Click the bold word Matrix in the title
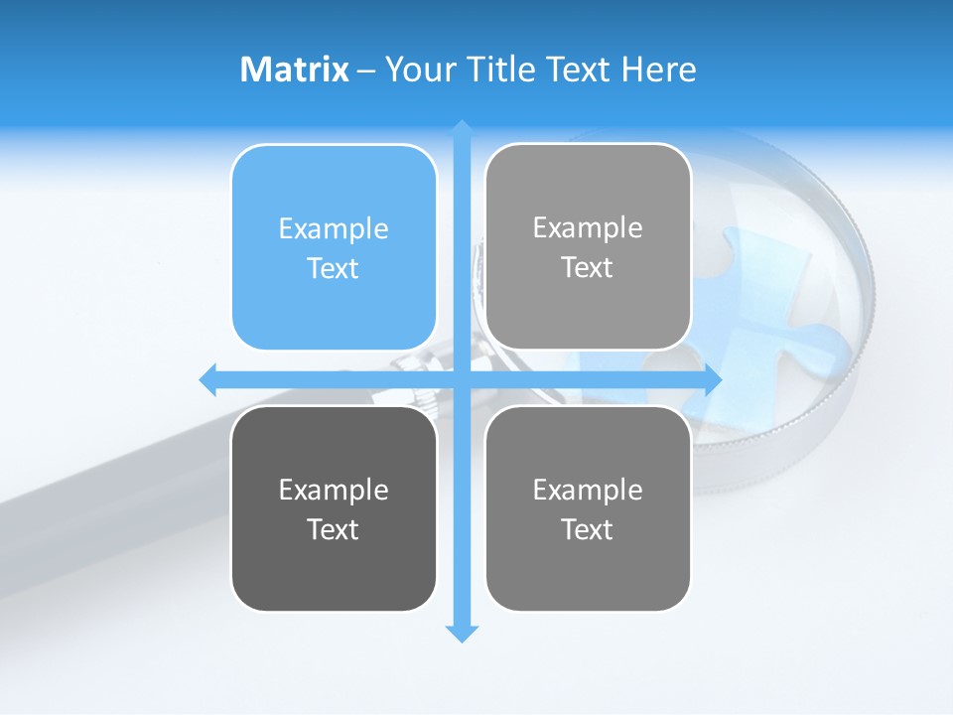click(x=295, y=70)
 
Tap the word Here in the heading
click(x=657, y=70)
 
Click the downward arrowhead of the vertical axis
click(x=462, y=634)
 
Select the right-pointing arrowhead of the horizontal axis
click(x=712, y=378)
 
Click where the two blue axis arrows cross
click(x=462, y=378)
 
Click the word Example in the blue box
click(x=334, y=229)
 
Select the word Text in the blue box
click(x=334, y=269)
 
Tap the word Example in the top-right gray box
click(x=588, y=228)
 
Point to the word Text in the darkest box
click(x=334, y=530)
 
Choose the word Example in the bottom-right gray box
click(x=588, y=490)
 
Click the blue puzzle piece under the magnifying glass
click(x=764, y=298)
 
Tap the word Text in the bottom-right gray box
click(x=588, y=530)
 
